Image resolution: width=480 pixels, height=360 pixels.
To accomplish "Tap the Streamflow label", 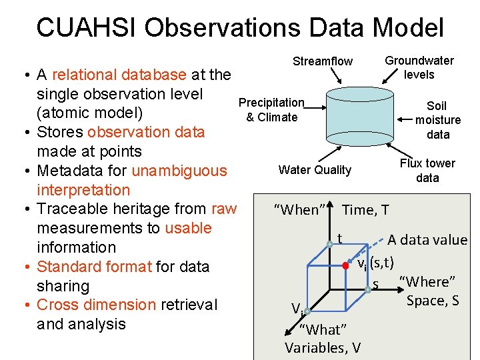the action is [x=323, y=61].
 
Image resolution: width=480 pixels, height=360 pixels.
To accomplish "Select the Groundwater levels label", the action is [x=419, y=67].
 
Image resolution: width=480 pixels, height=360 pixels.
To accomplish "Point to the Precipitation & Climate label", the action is [x=271, y=110].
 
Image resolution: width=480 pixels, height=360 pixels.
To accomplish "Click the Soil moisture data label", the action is [x=437, y=120].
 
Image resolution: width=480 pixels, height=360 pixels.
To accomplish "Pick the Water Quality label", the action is [x=315, y=170].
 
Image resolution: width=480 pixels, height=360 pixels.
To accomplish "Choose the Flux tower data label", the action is [x=427, y=171].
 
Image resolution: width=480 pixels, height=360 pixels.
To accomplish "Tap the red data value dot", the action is [x=345, y=265].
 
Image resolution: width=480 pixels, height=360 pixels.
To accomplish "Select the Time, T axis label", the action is [x=365, y=211].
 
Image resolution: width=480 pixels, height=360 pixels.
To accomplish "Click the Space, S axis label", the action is [x=433, y=301].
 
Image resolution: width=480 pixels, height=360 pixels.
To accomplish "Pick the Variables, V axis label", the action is [x=323, y=347].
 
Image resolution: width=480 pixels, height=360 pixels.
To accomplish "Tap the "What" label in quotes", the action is [x=323, y=329].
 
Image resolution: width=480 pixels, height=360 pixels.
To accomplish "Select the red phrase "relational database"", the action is [x=119, y=75].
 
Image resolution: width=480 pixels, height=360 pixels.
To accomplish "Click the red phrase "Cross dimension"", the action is [x=96, y=305].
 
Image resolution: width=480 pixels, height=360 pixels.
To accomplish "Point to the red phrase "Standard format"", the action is [x=94, y=267].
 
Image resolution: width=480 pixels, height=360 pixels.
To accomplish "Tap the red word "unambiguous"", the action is [x=179, y=171].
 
